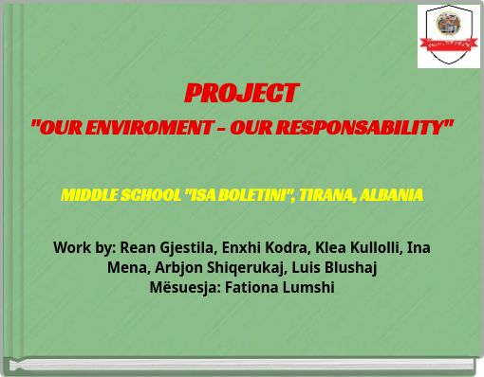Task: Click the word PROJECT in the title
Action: tap(241, 93)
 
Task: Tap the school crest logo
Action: tap(449, 36)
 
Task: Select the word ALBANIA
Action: tap(391, 195)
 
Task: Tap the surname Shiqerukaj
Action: tap(247, 267)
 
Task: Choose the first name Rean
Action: tap(137, 247)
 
